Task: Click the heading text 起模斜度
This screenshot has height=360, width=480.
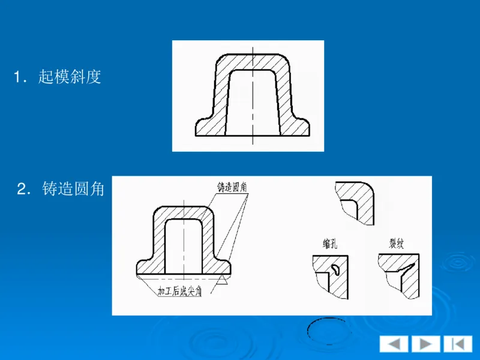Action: [70, 77]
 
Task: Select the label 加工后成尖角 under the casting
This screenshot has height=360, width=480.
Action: [179, 292]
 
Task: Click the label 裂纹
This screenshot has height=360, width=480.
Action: [397, 243]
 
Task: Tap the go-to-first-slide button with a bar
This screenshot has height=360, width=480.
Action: [458, 344]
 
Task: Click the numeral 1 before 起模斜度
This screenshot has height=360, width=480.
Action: [19, 77]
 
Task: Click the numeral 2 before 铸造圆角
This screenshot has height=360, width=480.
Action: [22, 190]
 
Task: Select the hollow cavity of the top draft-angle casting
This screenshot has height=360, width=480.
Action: [252, 102]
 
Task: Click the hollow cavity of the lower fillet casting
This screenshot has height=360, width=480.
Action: [184, 246]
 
